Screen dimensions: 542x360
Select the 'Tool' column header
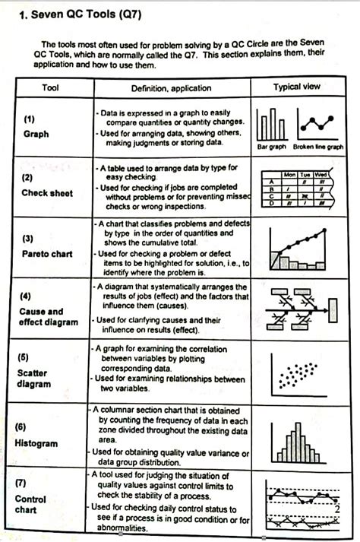point(50,88)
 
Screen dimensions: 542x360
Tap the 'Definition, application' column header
point(171,88)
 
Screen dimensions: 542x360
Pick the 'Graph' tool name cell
point(36,134)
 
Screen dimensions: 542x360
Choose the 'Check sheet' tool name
point(47,193)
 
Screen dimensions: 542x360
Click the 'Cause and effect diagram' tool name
point(49,317)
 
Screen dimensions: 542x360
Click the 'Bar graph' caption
point(271,147)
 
